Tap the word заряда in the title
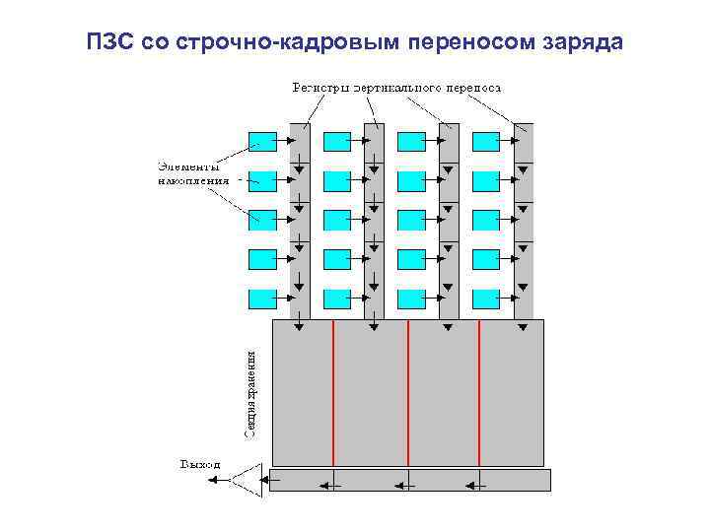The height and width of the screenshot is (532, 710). [x=583, y=43]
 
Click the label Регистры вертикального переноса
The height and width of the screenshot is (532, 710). [x=396, y=87]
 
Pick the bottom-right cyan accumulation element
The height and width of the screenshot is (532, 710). [x=487, y=299]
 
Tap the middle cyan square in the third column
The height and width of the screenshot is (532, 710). [x=413, y=220]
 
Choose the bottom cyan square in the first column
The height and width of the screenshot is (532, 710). [x=263, y=299]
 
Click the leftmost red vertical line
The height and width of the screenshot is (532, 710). [x=334, y=392]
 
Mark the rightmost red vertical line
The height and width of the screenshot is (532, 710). [x=479, y=392]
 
